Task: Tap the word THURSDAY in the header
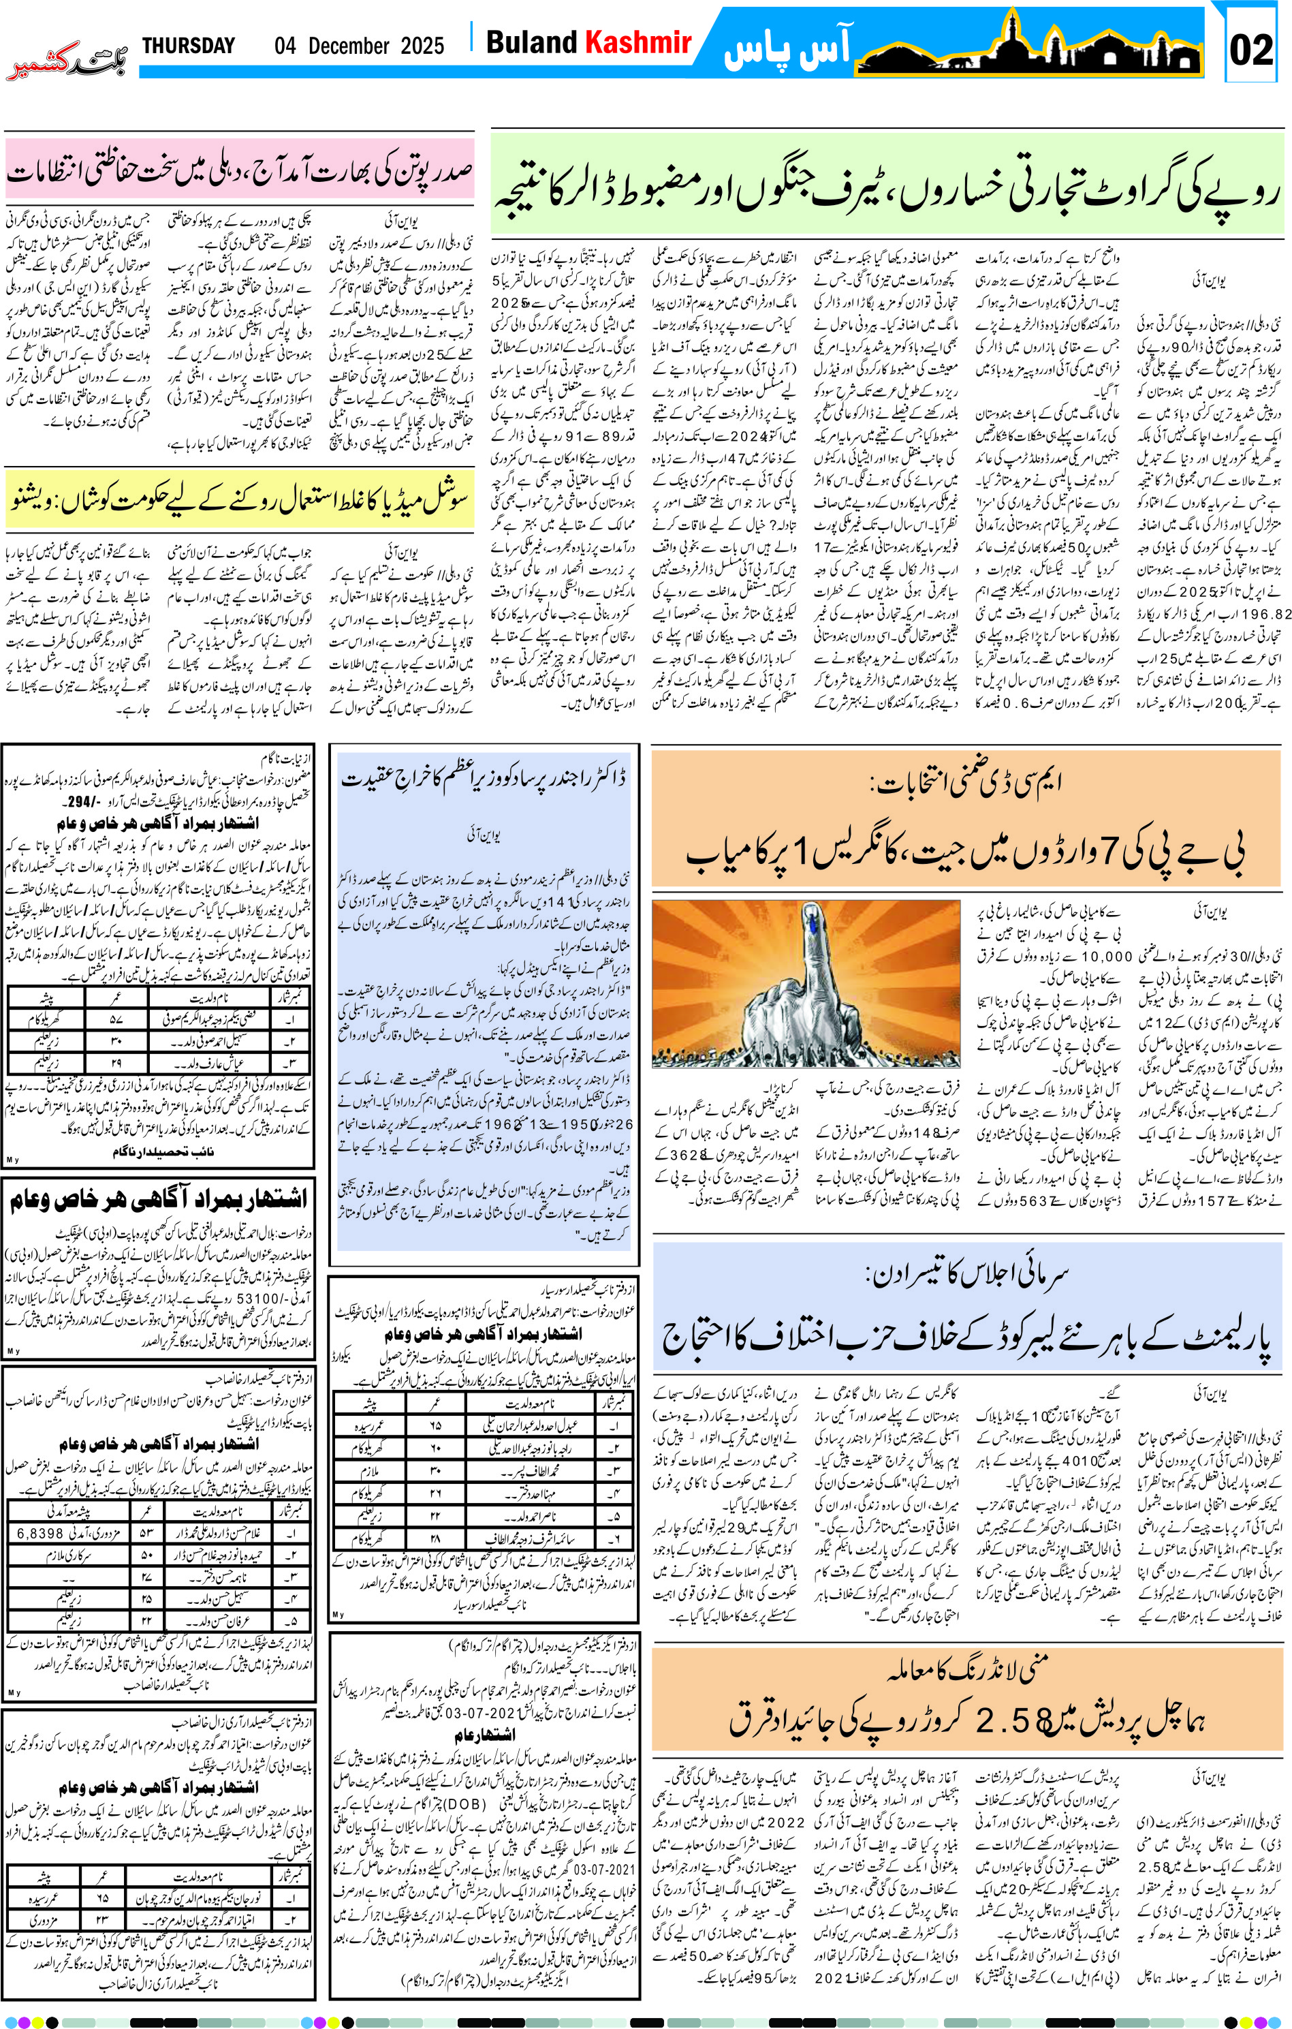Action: point(188,46)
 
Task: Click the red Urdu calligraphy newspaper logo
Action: point(67,63)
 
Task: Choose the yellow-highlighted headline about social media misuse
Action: point(239,498)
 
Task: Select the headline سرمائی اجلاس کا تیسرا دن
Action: point(965,1274)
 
